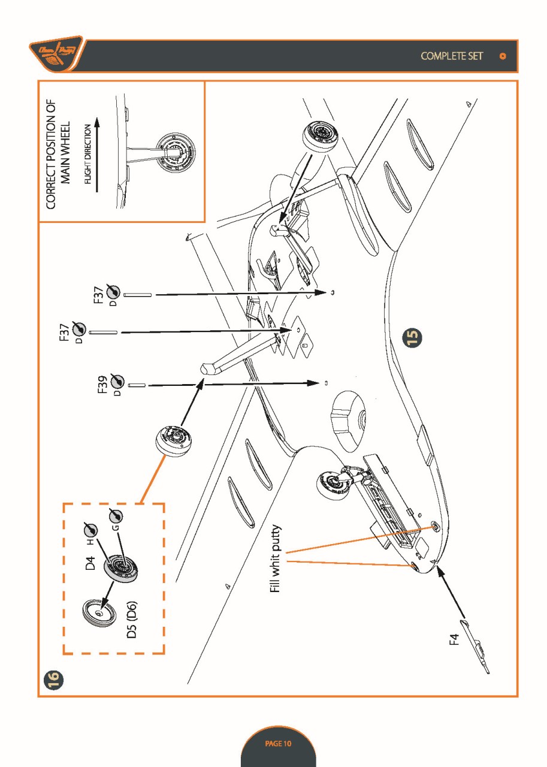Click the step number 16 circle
[x=53, y=680]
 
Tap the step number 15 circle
[x=414, y=337]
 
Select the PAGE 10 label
[x=278, y=743]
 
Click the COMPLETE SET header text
[x=452, y=56]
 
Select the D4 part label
[x=90, y=563]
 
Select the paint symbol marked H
[x=90, y=530]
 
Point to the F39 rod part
[x=137, y=385]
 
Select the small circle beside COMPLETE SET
[x=503, y=56]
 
